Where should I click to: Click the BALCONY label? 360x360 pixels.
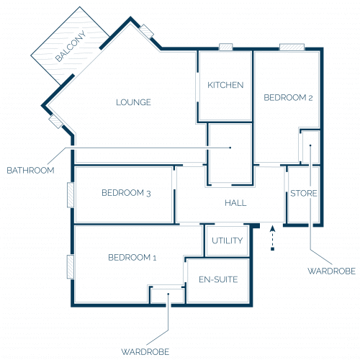tap(71, 46)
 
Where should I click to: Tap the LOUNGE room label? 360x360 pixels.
tap(133, 102)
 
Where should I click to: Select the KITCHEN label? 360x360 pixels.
tap(225, 85)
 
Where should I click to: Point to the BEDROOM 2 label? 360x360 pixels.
tap(288, 97)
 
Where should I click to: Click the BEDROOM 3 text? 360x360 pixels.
tap(126, 193)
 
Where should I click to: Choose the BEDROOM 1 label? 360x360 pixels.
tap(132, 258)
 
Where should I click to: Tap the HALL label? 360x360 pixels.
tap(235, 203)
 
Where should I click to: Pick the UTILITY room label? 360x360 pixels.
tap(227, 240)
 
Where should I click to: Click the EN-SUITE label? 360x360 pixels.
tap(218, 279)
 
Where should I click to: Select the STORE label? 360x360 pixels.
tap(304, 193)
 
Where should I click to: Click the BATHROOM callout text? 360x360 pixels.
tap(30, 171)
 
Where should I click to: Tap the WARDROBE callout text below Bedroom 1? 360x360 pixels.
tap(145, 352)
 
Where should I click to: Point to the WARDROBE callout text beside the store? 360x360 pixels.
tap(331, 271)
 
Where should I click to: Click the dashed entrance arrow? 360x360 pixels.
tap(272, 238)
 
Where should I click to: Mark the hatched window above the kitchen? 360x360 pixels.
tap(225, 47)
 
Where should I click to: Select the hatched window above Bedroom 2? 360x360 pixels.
tap(292, 47)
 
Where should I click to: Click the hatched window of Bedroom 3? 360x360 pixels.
tap(71, 194)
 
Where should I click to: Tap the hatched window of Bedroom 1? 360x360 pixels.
tap(71, 266)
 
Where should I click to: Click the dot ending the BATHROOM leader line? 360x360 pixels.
tap(230, 148)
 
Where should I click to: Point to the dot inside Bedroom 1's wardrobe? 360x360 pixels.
tap(168, 294)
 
